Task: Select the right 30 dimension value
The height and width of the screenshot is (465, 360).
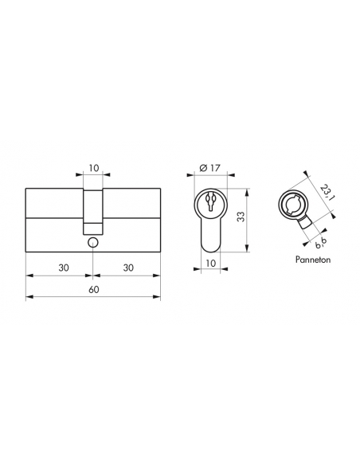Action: point(128,268)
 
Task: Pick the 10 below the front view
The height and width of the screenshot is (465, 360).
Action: point(210,263)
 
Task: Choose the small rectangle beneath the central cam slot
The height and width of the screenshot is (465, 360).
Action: point(94,222)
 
